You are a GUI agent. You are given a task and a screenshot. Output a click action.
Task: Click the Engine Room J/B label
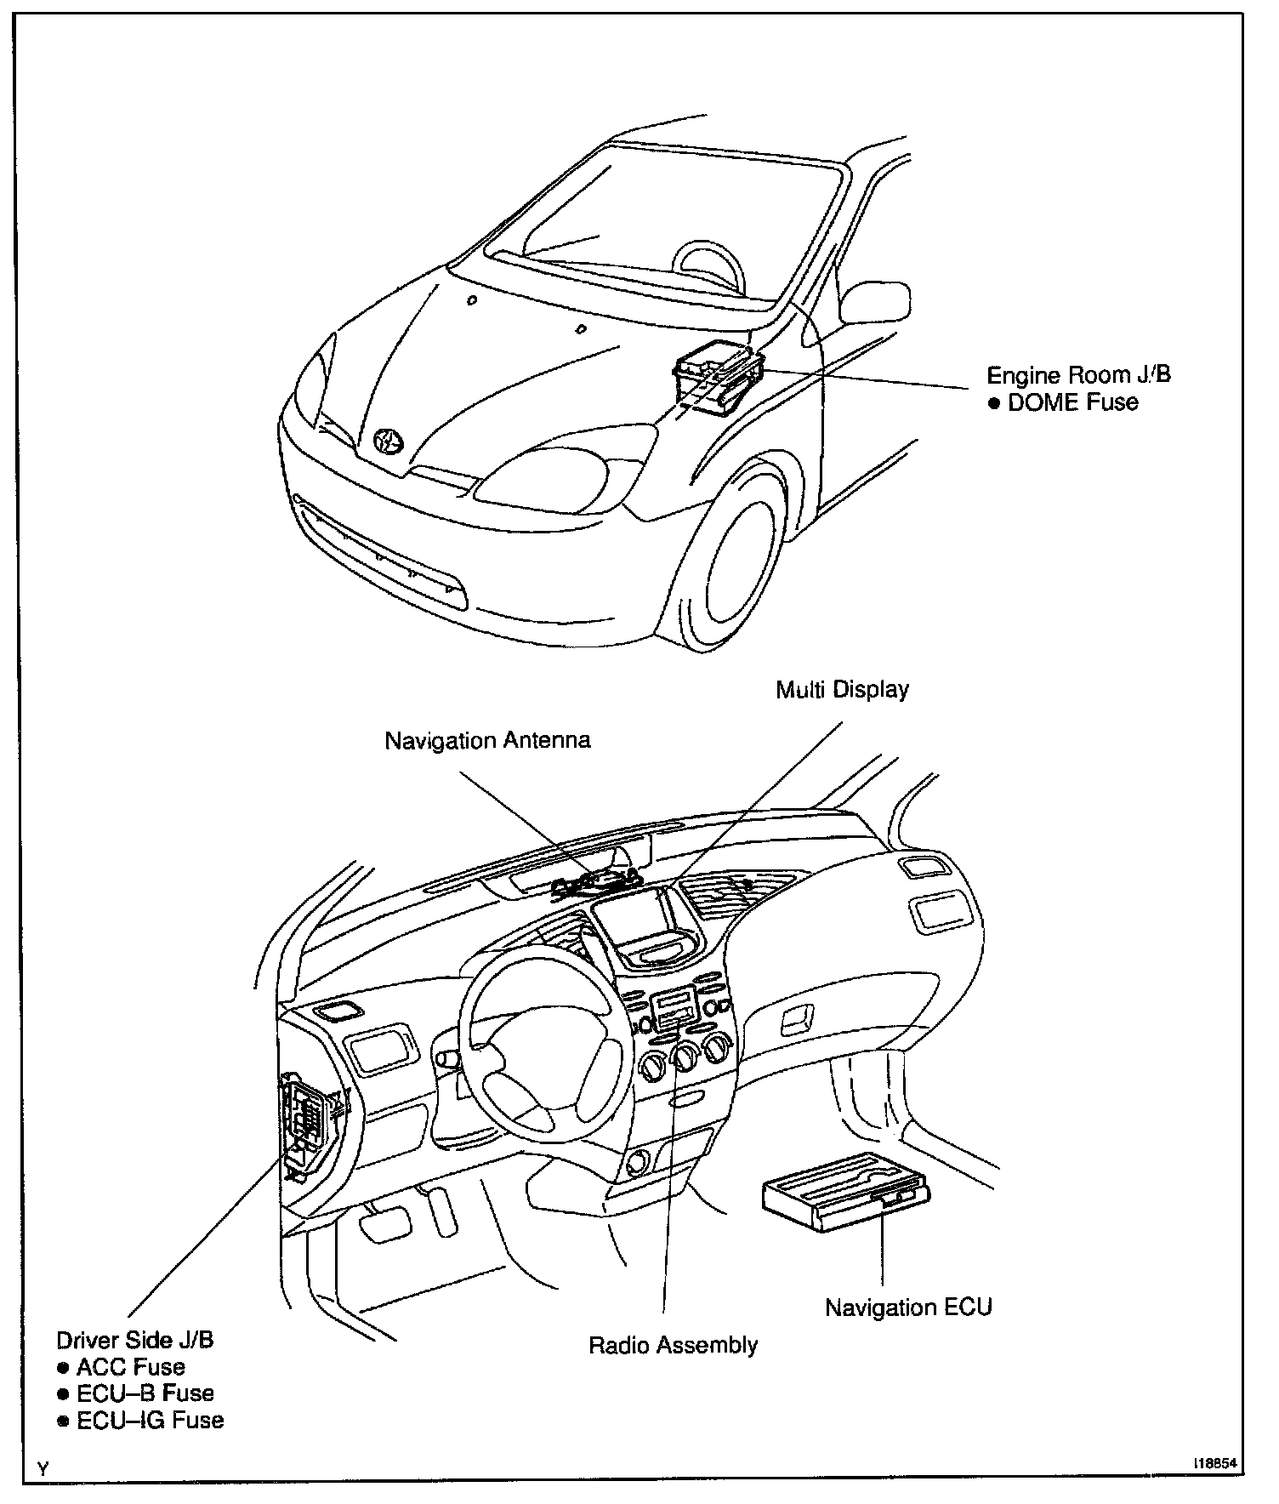pos(1078,375)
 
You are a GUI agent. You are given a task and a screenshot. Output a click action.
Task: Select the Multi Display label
pos(842,689)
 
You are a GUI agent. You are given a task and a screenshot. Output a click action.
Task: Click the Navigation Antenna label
pos(487,740)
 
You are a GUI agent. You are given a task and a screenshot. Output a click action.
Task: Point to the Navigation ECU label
pos(908,1307)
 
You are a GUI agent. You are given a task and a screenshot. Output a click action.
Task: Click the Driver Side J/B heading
pos(135,1340)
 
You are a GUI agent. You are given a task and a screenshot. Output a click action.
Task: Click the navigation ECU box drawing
pos(845,1192)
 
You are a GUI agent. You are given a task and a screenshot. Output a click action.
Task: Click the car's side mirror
pos(876,302)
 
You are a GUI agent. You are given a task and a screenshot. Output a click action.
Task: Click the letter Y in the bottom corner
pos(43,1468)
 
